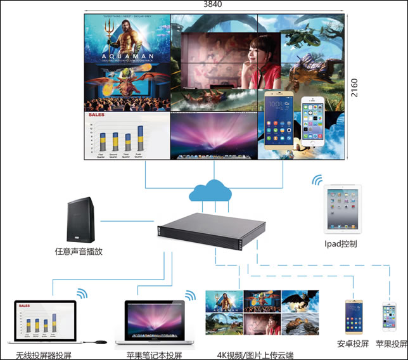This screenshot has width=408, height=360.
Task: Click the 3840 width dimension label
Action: [214, 4]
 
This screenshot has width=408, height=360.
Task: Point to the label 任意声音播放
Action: [79, 252]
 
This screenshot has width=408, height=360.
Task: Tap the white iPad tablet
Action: [342, 209]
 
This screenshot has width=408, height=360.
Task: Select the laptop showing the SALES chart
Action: [45, 323]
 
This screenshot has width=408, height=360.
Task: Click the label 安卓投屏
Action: [352, 344]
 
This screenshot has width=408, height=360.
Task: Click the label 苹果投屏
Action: [391, 344]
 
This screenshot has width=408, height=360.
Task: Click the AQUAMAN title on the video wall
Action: [127, 55]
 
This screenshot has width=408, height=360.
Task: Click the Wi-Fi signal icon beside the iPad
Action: [316, 181]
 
